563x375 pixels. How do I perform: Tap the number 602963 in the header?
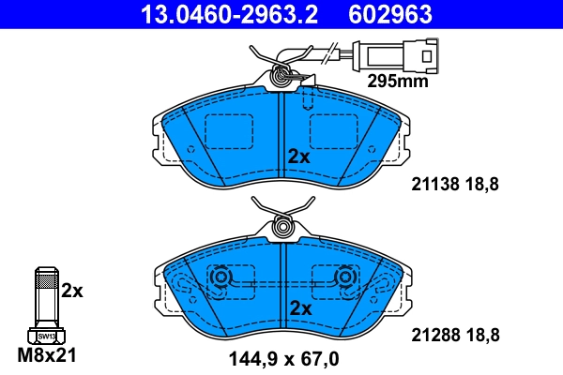click(x=389, y=14)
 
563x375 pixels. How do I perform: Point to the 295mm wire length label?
click(x=396, y=81)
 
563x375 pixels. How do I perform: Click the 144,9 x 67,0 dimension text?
click(x=283, y=357)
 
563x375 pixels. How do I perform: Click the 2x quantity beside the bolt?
click(x=72, y=292)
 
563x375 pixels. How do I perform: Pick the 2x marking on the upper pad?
click(x=298, y=157)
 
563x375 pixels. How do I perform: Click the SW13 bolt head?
click(x=45, y=335)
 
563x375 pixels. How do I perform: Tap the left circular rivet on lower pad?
click(x=221, y=277)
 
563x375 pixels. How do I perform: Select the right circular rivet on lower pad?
click(x=345, y=277)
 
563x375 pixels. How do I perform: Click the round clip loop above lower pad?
click(x=282, y=227)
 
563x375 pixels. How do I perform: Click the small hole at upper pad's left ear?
click(x=191, y=148)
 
